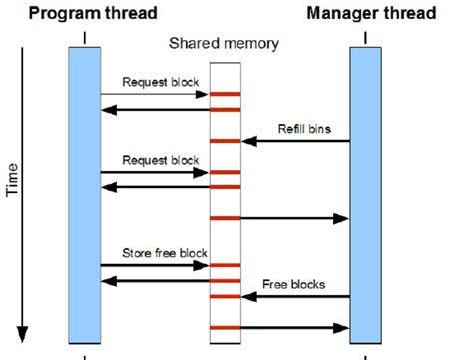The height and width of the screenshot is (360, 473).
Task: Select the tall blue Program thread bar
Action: [x=84, y=195]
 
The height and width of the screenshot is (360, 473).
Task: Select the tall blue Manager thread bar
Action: [x=366, y=195]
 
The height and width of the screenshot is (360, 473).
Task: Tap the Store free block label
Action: [x=166, y=253]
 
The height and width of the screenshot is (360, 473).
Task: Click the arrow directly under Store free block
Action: [x=154, y=265]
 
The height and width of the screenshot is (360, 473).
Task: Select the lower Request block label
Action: [x=160, y=159]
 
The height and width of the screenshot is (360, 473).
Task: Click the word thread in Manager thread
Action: [x=413, y=14]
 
